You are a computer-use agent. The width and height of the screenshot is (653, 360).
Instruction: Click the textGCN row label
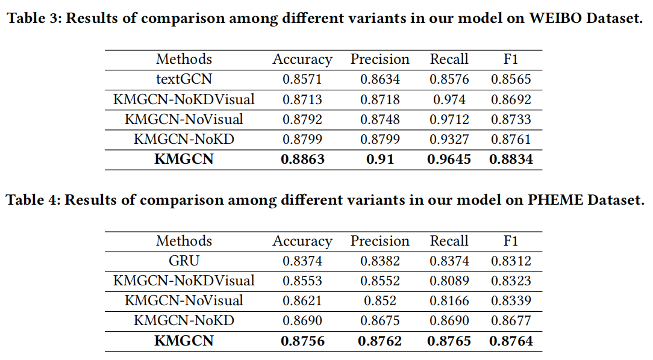(184, 79)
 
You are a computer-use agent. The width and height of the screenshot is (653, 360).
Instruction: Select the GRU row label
(184, 261)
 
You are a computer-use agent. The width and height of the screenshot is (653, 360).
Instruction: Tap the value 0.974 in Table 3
(449, 99)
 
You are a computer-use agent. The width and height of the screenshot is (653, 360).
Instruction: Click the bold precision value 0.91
(380, 160)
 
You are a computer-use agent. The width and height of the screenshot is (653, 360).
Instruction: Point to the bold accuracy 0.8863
(302, 160)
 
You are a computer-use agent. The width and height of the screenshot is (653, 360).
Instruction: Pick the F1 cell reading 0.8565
(510, 79)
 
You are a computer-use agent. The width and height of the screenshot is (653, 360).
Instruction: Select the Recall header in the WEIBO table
(449, 59)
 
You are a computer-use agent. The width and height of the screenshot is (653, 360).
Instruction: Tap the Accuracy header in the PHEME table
(302, 241)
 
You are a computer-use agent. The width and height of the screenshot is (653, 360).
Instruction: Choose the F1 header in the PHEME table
(510, 241)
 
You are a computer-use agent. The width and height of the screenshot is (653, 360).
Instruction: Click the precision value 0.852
(380, 301)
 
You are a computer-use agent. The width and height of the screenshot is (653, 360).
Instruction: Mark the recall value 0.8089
(449, 281)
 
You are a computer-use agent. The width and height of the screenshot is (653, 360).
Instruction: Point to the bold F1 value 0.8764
(510, 341)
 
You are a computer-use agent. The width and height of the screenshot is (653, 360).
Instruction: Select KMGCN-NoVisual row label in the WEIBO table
(184, 119)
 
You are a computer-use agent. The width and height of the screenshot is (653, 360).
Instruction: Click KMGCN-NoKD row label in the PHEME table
(184, 321)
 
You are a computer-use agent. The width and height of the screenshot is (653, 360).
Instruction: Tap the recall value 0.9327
(449, 140)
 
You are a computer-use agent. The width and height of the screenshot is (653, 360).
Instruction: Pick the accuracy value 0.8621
(302, 301)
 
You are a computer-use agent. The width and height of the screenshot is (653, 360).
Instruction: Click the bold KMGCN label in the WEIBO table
(184, 160)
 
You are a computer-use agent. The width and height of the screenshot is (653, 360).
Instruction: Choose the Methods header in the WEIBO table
(184, 59)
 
